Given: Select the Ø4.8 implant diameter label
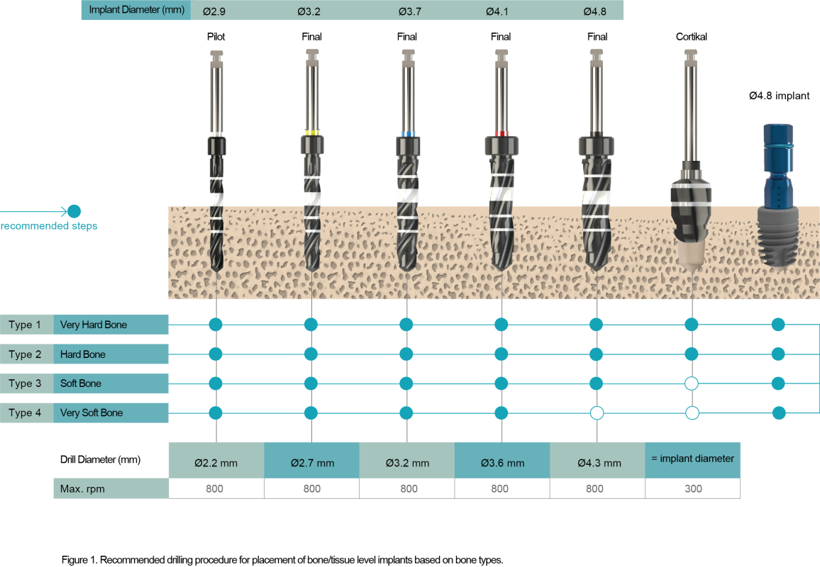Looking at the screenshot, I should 594,11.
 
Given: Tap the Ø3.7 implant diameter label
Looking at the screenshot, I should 409,11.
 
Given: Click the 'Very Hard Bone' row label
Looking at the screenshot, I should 94,325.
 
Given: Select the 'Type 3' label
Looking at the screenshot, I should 26,383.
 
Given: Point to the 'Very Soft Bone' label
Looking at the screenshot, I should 92,412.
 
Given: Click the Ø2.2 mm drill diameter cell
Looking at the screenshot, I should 216,463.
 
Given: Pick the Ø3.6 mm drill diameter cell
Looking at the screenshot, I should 502,463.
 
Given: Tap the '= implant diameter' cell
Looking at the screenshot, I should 692,459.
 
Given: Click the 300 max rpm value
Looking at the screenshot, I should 692,488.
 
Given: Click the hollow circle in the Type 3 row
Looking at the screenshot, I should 692,383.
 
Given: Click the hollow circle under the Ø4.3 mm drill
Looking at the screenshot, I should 597,412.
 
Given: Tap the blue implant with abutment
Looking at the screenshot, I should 778,198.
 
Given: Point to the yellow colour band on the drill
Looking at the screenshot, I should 311,133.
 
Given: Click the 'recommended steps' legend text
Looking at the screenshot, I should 49,226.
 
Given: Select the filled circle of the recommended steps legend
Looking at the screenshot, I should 74,210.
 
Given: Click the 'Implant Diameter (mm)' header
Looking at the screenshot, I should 136,11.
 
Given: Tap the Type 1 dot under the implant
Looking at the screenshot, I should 778,325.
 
